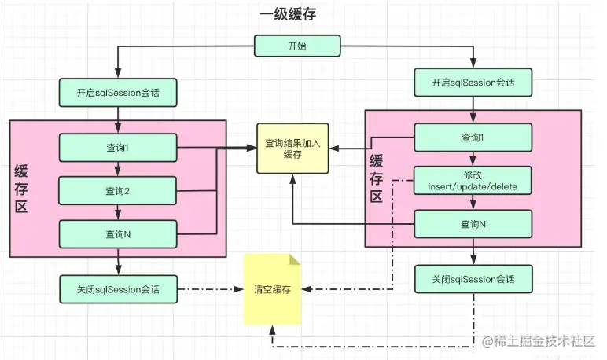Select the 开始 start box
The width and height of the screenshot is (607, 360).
297,46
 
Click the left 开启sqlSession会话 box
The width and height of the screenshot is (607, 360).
118,92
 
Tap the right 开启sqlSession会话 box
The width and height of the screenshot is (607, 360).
473,82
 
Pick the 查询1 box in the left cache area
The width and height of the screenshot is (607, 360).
117,147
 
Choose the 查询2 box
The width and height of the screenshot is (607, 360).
117,190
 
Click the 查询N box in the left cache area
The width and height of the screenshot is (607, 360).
117,233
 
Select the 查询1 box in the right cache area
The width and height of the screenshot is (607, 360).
473,138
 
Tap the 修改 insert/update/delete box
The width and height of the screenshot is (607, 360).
473,180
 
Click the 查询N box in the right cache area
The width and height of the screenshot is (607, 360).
473,224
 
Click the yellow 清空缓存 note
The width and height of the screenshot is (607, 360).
272,289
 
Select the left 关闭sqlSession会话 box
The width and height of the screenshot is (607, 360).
118,288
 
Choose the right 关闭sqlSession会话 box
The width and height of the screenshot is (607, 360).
473,279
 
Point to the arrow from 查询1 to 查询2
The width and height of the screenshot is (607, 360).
117,168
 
